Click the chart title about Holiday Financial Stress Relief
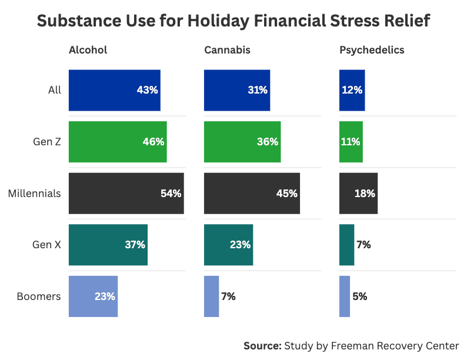(x=233, y=21)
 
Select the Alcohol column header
(x=88, y=50)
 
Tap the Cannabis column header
(x=227, y=50)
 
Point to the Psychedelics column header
(x=372, y=50)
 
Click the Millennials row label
(x=34, y=194)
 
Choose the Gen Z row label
(x=47, y=142)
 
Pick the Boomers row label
(x=39, y=296)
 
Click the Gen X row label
(x=46, y=245)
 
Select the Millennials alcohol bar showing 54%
(x=126, y=194)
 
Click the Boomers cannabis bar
(x=211, y=296)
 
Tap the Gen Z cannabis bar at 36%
(x=242, y=142)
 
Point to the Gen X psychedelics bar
(x=346, y=245)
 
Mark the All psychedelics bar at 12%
(x=352, y=91)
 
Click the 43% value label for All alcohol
(x=147, y=91)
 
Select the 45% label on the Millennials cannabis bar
(x=286, y=194)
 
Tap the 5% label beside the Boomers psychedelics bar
(x=360, y=296)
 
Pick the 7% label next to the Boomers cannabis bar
(x=228, y=296)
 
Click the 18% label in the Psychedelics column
(x=365, y=194)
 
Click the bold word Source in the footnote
(x=262, y=346)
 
